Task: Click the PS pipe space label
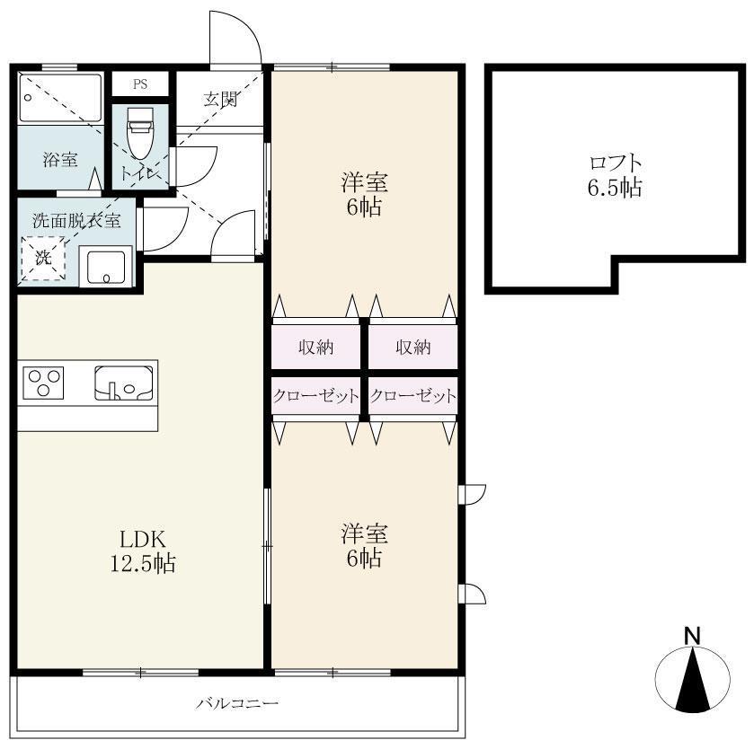coord(140,84)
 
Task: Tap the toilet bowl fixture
coord(140,132)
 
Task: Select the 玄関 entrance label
coord(221,100)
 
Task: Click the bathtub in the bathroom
coord(60,98)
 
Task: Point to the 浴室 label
coord(60,159)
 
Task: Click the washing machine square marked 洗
coord(43,258)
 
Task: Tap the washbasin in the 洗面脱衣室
coord(106,266)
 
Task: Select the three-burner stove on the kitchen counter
coord(44,383)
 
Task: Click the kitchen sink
coord(124,383)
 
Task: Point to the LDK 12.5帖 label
coord(143,551)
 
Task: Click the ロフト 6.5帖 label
coord(615,175)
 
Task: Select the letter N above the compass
coord(693,636)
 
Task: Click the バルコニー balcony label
coord(237,704)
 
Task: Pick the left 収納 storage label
coord(316,347)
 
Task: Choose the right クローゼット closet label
coord(413,396)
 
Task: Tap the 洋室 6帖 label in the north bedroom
coord(365,194)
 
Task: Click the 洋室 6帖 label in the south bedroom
coord(365,545)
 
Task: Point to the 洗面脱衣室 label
coord(76,220)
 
